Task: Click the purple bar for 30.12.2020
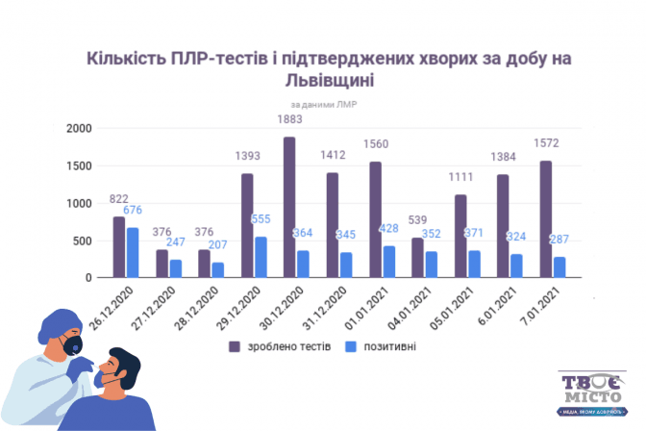point(289,208)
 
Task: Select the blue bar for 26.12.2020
point(133,253)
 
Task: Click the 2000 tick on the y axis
point(78,129)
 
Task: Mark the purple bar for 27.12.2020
point(162,264)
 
